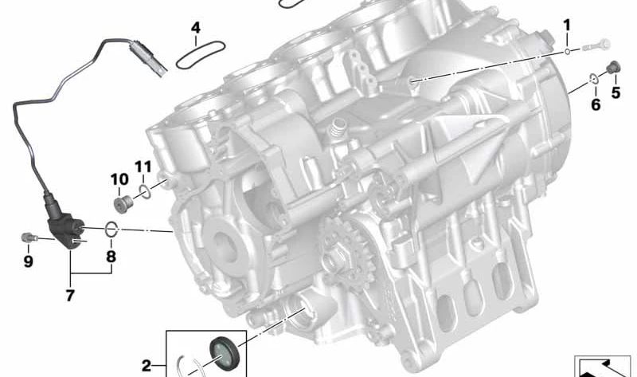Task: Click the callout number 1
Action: click(x=567, y=25)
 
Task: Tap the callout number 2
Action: click(x=147, y=365)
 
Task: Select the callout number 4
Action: click(x=195, y=29)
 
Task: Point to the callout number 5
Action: click(x=616, y=92)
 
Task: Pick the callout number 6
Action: click(x=596, y=104)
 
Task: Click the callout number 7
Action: click(x=69, y=296)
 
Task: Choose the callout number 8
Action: click(x=111, y=257)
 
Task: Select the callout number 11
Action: click(x=143, y=167)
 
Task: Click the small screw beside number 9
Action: click(x=27, y=237)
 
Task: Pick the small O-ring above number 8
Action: click(x=111, y=230)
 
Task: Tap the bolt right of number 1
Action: click(x=596, y=45)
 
